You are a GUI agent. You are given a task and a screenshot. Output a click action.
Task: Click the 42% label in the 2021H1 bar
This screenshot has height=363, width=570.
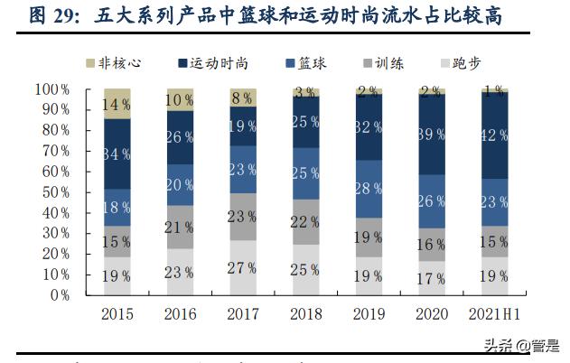493,135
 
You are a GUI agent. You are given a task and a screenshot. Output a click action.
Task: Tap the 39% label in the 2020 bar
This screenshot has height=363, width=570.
430,134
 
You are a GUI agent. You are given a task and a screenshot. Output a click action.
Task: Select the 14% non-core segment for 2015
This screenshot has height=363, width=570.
117,104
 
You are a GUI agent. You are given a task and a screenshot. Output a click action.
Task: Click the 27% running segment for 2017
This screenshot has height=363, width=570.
242,267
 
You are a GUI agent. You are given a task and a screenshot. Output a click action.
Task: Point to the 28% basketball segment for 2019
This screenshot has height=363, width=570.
368,189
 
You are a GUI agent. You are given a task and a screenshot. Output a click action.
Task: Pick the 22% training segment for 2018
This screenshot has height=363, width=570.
305,222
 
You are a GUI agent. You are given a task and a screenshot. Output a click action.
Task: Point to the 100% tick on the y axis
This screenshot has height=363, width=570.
52,88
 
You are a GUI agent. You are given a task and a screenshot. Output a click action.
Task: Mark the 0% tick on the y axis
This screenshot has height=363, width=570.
60,294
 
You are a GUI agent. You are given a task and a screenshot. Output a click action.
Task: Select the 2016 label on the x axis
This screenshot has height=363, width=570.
180,313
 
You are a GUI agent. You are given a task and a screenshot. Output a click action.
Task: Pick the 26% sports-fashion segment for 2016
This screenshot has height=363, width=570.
180,137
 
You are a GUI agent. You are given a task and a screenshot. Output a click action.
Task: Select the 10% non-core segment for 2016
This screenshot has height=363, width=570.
180,99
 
